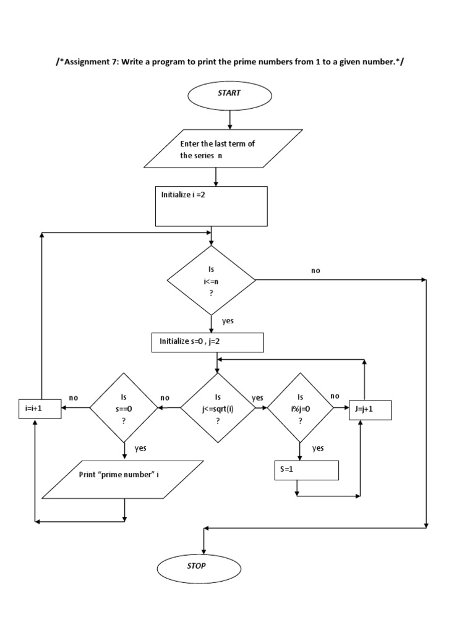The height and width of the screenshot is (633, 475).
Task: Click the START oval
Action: click(x=229, y=93)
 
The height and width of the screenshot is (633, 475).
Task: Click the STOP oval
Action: click(x=199, y=566)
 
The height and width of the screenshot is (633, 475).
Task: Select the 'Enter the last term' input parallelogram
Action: click(x=223, y=149)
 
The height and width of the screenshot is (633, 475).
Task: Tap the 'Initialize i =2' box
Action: click(x=210, y=206)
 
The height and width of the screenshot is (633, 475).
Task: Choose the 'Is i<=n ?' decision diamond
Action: click(x=211, y=280)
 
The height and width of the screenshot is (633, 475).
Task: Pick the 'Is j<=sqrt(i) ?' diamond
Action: click(x=217, y=408)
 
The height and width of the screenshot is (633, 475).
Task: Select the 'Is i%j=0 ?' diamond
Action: click(x=300, y=408)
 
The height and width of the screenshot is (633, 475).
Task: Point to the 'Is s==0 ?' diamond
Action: click(x=124, y=408)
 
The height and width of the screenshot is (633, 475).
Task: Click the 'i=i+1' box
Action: click(x=40, y=409)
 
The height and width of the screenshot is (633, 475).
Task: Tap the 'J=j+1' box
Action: click(x=370, y=409)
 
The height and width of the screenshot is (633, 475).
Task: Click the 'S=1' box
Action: click(x=307, y=470)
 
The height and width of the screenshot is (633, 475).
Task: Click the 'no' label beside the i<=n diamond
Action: click(x=316, y=271)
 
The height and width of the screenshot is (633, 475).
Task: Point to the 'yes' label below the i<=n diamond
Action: click(x=228, y=321)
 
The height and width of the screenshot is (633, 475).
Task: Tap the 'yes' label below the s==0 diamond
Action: click(x=140, y=448)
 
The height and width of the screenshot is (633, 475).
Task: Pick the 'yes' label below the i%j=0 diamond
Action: click(x=318, y=448)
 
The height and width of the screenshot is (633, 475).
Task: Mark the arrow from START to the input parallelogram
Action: click(x=229, y=118)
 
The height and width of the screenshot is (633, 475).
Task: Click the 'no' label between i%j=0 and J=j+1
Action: click(x=335, y=396)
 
